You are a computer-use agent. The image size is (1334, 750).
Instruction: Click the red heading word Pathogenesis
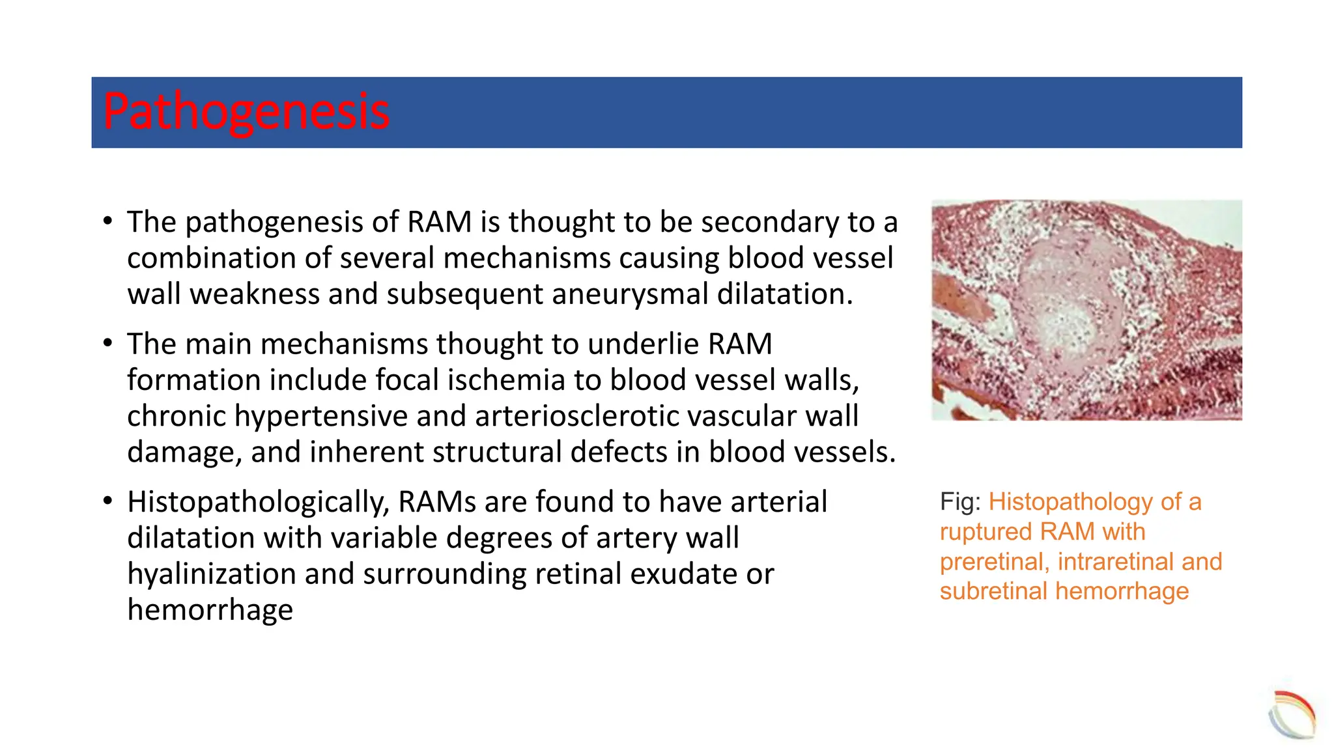click(x=246, y=112)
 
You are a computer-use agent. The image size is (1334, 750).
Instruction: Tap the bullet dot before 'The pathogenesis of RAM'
click(x=108, y=222)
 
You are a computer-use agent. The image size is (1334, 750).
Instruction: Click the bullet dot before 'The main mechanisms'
click(x=108, y=344)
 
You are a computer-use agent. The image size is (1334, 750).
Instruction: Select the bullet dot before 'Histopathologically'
click(x=108, y=502)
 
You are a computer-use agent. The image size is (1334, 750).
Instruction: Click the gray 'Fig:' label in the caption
click(x=960, y=502)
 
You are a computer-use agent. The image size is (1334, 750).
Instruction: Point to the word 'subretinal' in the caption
click(x=994, y=592)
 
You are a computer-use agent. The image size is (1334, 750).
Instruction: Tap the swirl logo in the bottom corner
click(x=1292, y=715)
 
